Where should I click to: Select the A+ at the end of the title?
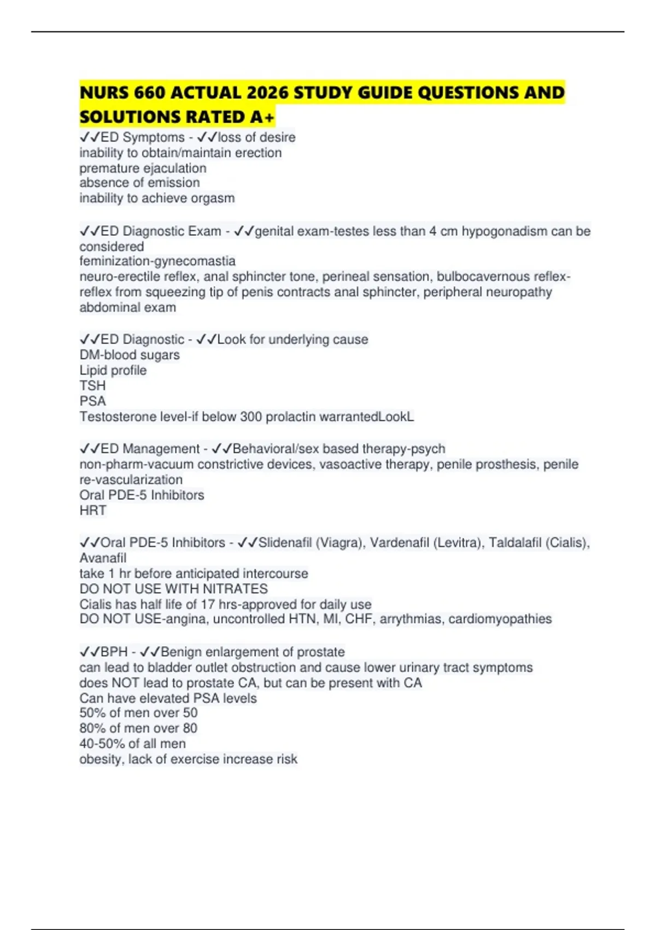tap(262, 117)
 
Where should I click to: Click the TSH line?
tap(92, 386)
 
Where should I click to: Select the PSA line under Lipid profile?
tap(92, 401)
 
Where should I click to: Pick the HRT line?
tap(92, 510)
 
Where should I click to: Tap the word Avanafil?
tap(103, 558)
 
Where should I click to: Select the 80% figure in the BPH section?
tap(92, 728)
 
